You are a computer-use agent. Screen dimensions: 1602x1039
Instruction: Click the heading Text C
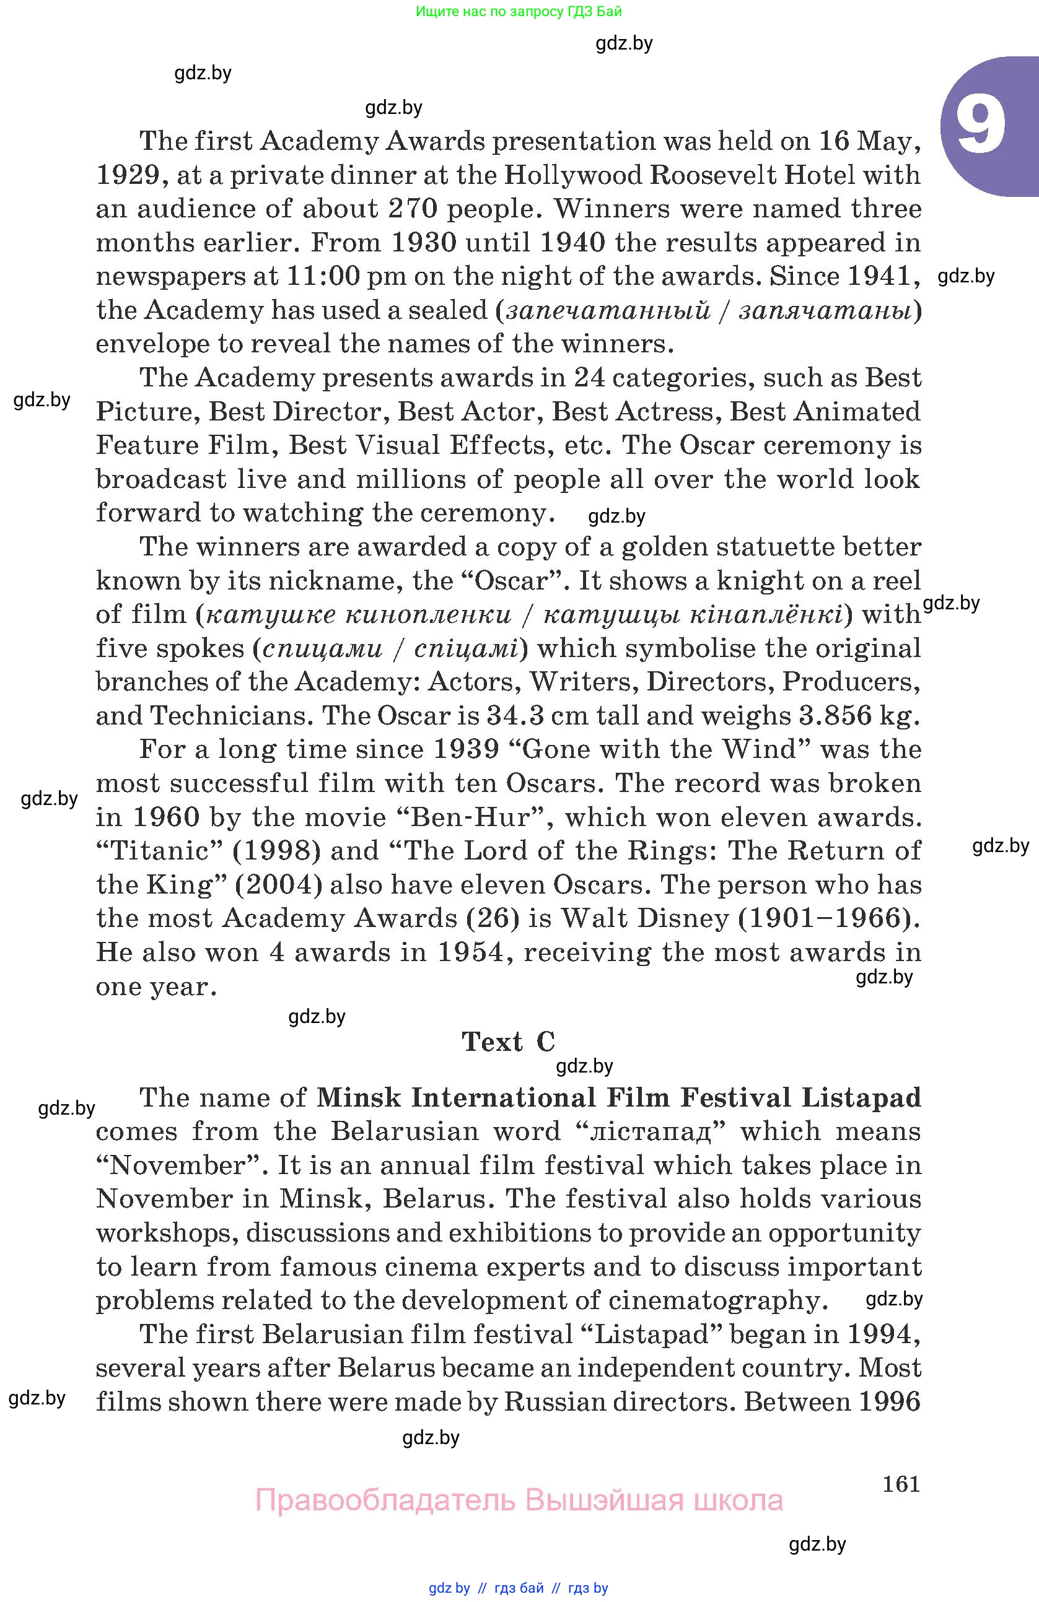click(x=509, y=1042)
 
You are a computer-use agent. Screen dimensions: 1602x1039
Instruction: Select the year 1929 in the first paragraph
click(x=131, y=175)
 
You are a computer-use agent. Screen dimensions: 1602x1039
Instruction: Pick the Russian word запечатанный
click(x=608, y=310)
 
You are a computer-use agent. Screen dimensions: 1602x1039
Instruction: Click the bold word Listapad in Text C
click(x=861, y=1098)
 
